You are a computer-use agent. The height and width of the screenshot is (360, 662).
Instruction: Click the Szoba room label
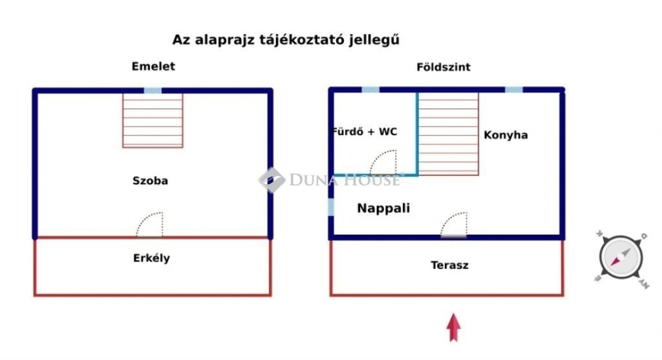pyautogui.click(x=150, y=180)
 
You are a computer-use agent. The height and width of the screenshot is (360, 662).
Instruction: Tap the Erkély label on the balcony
pyautogui.click(x=151, y=258)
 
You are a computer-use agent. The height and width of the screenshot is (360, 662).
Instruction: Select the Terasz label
pyautogui.click(x=450, y=265)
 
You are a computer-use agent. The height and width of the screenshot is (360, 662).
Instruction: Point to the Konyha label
pyautogui.click(x=506, y=135)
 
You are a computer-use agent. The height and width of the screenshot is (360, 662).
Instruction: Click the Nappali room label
pyautogui.click(x=383, y=208)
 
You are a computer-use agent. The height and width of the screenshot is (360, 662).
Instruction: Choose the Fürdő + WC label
pyautogui.click(x=365, y=132)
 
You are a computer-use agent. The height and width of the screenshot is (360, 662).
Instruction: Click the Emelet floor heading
pyautogui.click(x=153, y=67)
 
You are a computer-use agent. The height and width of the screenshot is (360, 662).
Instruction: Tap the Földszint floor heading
pyautogui.click(x=443, y=67)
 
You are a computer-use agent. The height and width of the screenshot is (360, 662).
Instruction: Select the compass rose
pyautogui.click(x=621, y=257)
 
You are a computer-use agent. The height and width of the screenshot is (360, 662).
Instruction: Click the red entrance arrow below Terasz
pyautogui.click(x=454, y=327)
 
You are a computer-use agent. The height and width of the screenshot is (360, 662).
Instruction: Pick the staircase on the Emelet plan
pyautogui.click(x=153, y=120)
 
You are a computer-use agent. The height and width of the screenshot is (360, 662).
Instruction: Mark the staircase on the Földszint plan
pyautogui.click(x=449, y=134)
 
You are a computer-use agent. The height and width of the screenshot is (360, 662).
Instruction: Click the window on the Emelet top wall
pyautogui.click(x=153, y=90)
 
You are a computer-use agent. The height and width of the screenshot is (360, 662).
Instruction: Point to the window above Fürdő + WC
pyautogui.click(x=370, y=89)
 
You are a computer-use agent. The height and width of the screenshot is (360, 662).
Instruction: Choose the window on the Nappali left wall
pyautogui.click(x=331, y=207)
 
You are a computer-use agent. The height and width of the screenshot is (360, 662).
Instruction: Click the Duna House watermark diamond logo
pyautogui.click(x=272, y=180)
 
